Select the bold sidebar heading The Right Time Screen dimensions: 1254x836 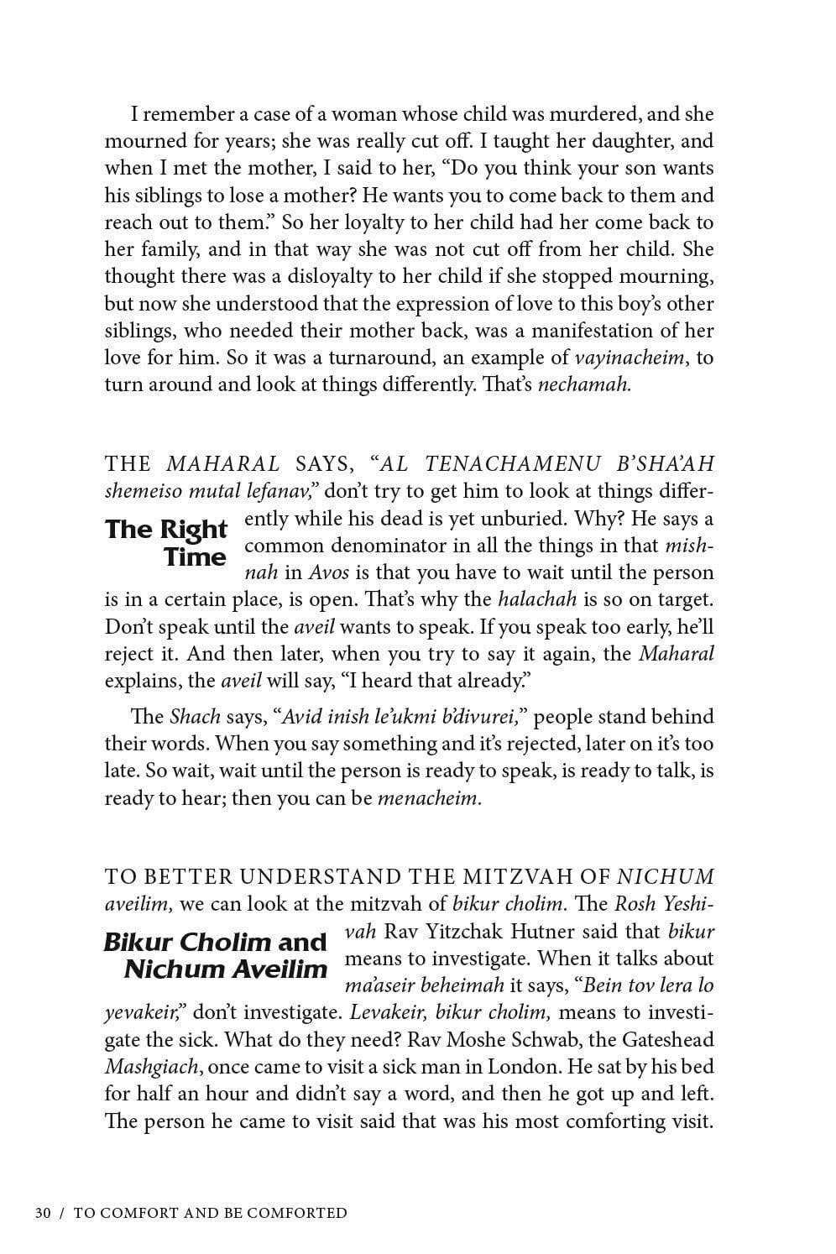pyautogui.click(x=166, y=543)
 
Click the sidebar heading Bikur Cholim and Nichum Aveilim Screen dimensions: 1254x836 pyautogui.click(x=215, y=955)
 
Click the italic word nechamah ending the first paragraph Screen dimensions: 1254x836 pyautogui.click(x=583, y=385)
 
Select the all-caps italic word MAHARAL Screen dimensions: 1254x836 pyautogui.click(x=223, y=464)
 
